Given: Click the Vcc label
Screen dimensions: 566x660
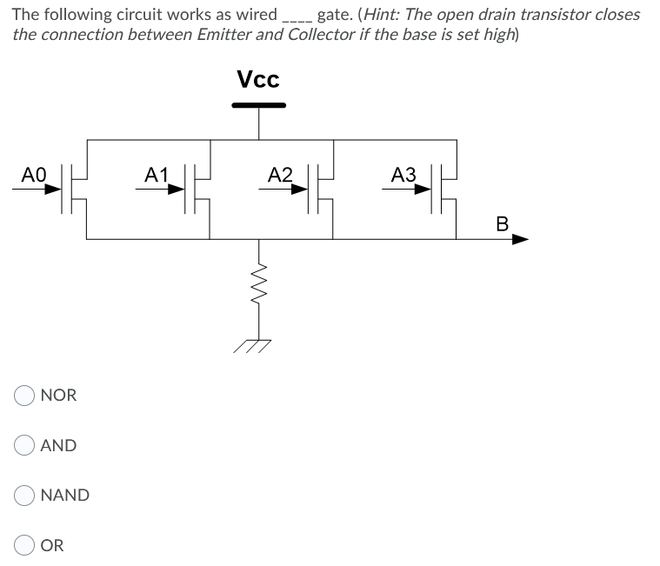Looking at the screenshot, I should pyautogui.click(x=258, y=80).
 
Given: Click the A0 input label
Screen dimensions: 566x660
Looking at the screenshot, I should pyautogui.click(x=33, y=174).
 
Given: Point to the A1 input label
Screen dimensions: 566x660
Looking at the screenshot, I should pyautogui.click(x=157, y=174).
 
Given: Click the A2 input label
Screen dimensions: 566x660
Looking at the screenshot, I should pyautogui.click(x=280, y=174).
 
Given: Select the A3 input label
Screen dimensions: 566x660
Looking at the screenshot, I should pyautogui.click(x=403, y=174).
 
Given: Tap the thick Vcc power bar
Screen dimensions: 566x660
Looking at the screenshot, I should pyautogui.click(x=258, y=105).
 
